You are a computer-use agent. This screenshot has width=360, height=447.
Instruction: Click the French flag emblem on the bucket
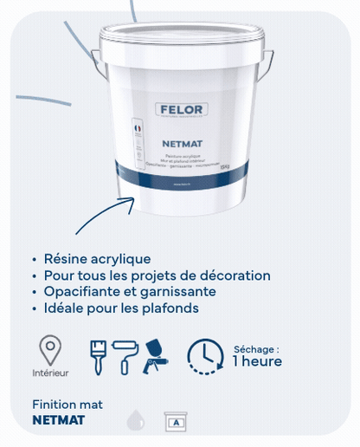pos(138,126)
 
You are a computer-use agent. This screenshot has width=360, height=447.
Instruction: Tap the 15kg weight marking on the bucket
pos(224,166)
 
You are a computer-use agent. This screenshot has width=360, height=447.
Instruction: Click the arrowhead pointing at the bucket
pos(132,200)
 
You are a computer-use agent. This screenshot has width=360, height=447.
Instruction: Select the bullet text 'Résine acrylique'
pos(97,258)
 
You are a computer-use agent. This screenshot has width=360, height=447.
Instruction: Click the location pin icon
pos(50,349)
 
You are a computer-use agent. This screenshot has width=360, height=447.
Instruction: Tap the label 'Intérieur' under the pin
pos(50,373)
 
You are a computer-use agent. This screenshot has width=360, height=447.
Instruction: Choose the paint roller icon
pos(126,354)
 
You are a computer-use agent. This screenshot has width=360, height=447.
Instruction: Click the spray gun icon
pos(157,354)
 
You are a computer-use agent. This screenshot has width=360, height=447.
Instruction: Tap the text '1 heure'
pos(257,361)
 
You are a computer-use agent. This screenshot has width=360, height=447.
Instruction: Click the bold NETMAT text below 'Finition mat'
pos(58,420)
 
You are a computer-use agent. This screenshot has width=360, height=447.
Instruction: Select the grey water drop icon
pos(135,421)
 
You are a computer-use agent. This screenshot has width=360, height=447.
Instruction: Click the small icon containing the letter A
pos(177,422)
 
